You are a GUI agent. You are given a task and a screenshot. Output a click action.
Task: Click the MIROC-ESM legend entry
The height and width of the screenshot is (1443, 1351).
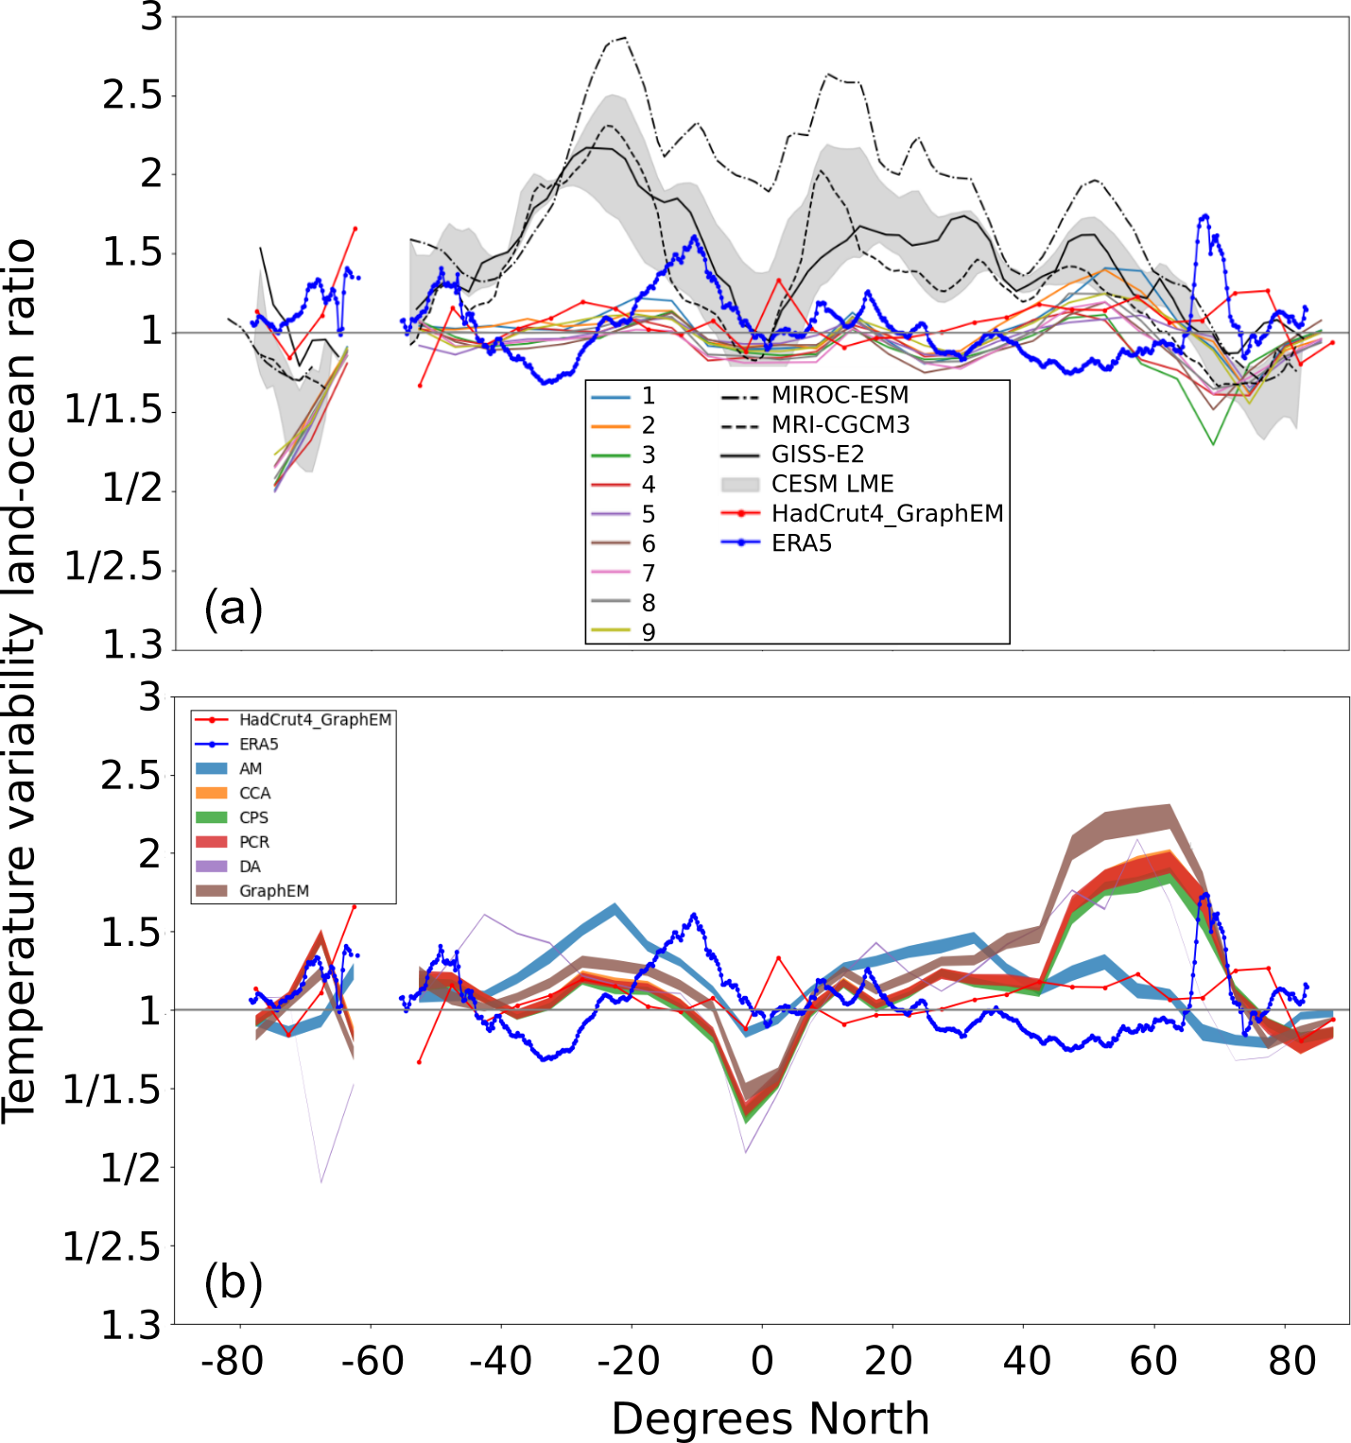840,395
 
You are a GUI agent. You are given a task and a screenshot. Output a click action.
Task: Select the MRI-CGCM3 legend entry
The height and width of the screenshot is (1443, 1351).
840,424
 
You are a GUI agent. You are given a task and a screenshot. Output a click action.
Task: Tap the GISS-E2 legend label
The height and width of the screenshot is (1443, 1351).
818,455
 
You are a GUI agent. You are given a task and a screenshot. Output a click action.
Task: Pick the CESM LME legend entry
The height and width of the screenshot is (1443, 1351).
832,484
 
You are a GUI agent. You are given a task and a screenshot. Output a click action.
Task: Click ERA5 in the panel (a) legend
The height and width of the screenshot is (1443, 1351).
802,543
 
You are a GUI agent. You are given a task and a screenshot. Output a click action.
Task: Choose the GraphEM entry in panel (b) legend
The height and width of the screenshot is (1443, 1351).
273,891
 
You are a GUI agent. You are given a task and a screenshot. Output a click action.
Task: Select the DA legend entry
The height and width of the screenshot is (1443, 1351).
250,867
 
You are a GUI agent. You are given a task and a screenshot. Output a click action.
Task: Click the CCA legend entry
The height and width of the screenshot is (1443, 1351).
254,793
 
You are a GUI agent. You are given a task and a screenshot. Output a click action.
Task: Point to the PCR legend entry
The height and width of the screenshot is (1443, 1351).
253,842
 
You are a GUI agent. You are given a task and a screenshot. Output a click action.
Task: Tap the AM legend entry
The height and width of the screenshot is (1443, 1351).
250,768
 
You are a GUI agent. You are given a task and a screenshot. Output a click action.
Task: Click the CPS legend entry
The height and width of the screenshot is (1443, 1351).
253,817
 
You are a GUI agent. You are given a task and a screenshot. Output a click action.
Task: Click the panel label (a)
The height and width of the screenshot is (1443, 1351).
233,608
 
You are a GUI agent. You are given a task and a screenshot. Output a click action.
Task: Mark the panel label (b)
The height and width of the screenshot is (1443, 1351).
233,1282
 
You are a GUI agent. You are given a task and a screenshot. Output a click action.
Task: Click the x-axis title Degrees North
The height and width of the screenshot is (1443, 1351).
770,1418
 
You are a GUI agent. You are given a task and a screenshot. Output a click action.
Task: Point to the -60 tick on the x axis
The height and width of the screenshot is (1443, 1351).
372,1362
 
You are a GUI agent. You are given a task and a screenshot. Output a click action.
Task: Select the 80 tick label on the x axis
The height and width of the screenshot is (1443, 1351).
1291,1362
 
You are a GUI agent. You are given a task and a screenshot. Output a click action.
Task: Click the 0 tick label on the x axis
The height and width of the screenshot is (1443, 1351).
762,1362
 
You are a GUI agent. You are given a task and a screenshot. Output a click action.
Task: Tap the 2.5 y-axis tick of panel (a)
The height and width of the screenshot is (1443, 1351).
131,95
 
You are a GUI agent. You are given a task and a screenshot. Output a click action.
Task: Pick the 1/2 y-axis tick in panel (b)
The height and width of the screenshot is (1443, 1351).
131,1169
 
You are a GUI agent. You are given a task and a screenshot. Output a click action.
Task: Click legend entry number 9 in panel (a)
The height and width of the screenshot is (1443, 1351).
649,631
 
